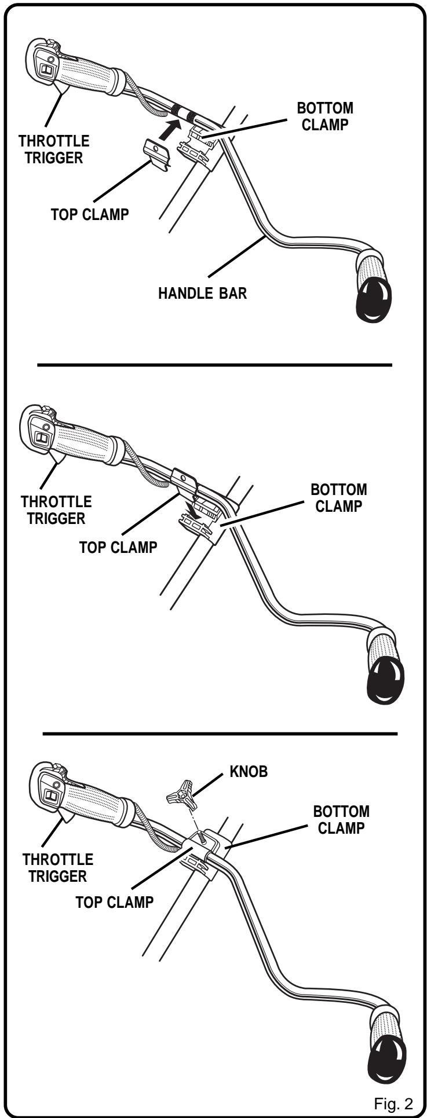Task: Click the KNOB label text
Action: pyautogui.click(x=248, y=772)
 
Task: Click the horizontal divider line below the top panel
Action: pyautogui.click(x=214, y=365)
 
